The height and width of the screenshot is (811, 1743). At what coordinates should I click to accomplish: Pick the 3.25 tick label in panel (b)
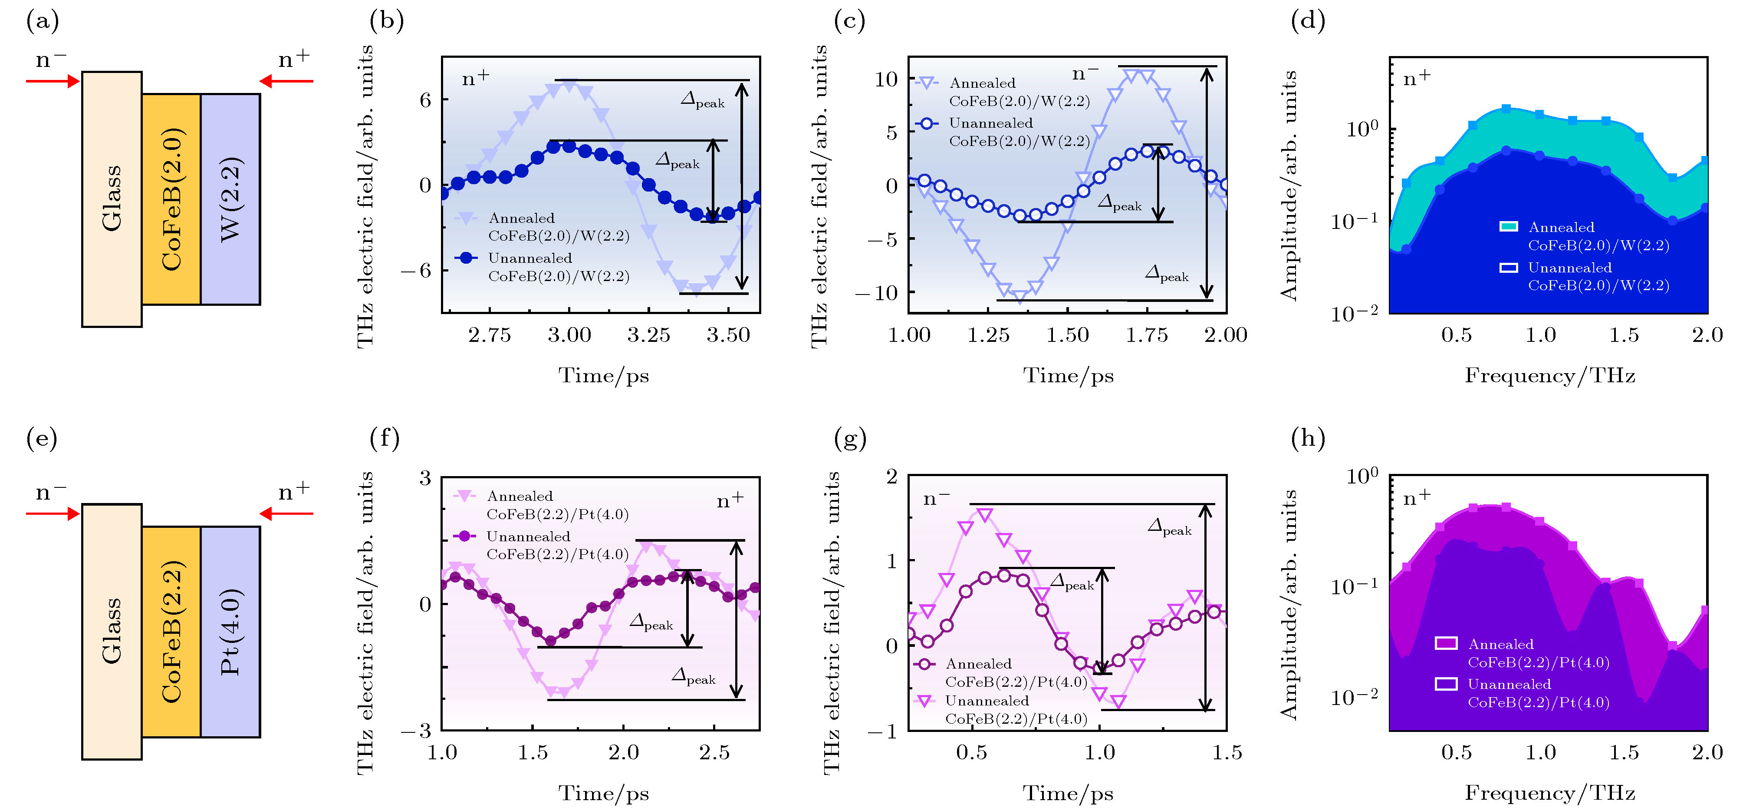pyautogui.click(x=648, y=335)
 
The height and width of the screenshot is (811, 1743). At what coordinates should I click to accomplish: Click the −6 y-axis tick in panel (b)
pyautogui.click(x=415, y=271)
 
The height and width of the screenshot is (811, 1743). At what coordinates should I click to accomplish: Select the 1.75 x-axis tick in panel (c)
pyautogui.click(x=1147, y=335)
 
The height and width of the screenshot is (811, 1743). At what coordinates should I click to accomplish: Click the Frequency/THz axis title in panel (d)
pyautogui.click(x=1549, y=376)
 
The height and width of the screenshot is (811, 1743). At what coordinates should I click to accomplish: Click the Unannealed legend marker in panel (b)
pyautogui.click(x=466, y=258)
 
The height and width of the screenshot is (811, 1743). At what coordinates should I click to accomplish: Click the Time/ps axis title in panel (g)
pyautogui.click(x=1068, y=793)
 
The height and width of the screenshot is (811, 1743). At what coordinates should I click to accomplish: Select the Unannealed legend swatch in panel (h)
pyautogui.click(x=1446, y=684)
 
